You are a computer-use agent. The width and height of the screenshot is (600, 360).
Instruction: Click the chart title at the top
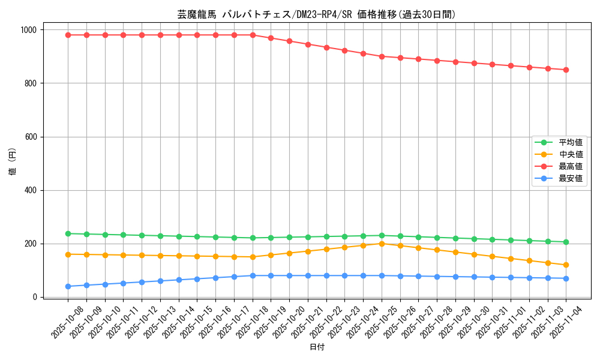pos(316,14)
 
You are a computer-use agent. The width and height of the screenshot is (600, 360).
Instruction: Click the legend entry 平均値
pos(571,142)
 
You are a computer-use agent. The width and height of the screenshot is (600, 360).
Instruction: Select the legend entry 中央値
pos(571,154)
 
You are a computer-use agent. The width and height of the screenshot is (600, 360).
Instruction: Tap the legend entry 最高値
pos(571,166)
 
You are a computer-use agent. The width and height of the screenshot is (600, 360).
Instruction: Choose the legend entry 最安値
pos(571,178)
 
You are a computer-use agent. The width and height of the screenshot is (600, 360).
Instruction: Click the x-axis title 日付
pos(317,347)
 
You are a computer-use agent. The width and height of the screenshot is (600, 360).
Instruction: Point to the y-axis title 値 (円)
pos(13,163)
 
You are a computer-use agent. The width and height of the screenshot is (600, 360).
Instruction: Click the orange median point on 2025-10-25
pos(382,244)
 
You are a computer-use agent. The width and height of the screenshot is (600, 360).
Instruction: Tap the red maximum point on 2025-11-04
pos(566,70)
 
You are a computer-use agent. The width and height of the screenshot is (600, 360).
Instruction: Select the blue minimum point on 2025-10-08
pos(68,286)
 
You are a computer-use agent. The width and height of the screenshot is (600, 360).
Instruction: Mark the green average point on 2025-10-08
pos(68,233)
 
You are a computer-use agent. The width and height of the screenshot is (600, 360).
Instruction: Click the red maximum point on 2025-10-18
pos(253,35)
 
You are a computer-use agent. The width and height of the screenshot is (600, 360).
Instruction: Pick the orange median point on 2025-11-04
pos(566,265)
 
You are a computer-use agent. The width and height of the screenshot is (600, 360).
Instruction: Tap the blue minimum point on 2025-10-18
pos(253,275)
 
